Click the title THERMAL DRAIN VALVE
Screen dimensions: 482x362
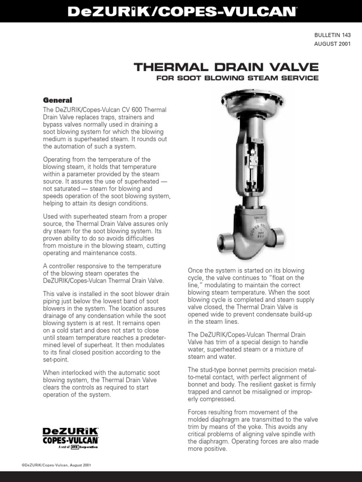pyautogui.click(x=226, y=67)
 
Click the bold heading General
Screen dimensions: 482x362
pyautogui.click(x=58, y=100)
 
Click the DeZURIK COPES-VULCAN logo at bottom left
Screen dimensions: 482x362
pyautogui.click(x=70, y=435)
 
